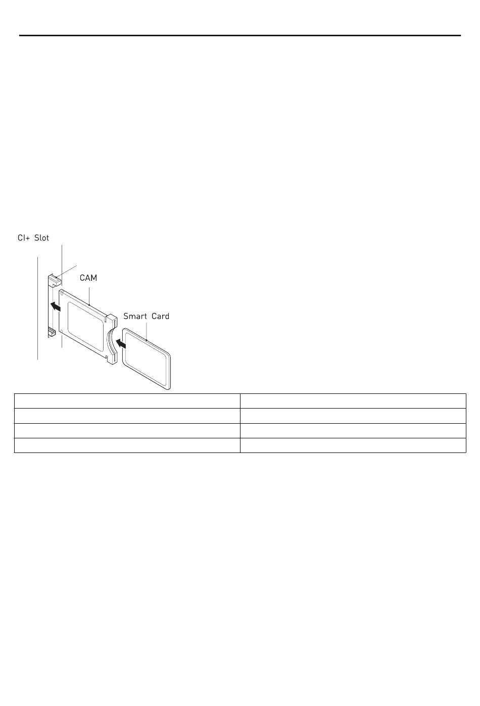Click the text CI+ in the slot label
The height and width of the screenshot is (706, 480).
coord(24,238)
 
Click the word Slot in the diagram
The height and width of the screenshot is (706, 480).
coord(41,238)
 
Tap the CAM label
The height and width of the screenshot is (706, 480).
coord(88,278)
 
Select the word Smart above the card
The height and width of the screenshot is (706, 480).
coord(135,316)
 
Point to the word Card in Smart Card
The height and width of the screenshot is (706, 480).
coord(161,316)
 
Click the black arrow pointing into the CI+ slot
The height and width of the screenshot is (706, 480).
coord(56,306)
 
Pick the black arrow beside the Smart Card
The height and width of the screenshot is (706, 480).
coord(121,343)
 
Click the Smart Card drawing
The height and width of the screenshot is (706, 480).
coord(147,359)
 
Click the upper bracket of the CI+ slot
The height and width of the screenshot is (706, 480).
coord(54,280)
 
